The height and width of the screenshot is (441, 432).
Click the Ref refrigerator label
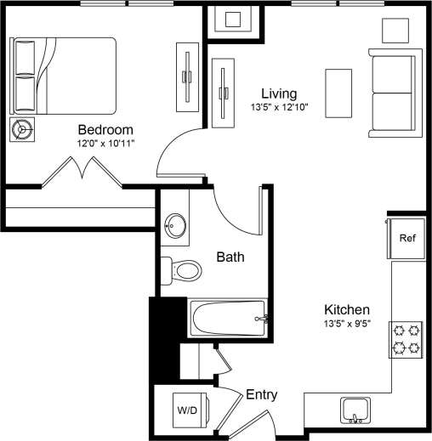406,239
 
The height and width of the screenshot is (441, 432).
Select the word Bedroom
105,130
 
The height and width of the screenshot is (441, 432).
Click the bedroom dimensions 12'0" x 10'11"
105,144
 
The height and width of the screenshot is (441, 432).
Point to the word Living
278,93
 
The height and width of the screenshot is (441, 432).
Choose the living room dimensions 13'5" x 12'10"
278,107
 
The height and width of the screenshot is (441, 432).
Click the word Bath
230,257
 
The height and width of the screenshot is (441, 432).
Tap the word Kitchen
346,310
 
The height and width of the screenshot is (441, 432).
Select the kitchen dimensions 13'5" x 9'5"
346,324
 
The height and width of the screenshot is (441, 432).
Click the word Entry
261,395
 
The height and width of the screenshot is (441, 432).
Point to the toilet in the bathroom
182,270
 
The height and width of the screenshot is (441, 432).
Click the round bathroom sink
177,227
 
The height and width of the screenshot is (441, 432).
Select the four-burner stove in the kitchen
405,338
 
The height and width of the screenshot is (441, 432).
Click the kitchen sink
355,410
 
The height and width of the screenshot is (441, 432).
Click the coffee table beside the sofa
340,93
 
